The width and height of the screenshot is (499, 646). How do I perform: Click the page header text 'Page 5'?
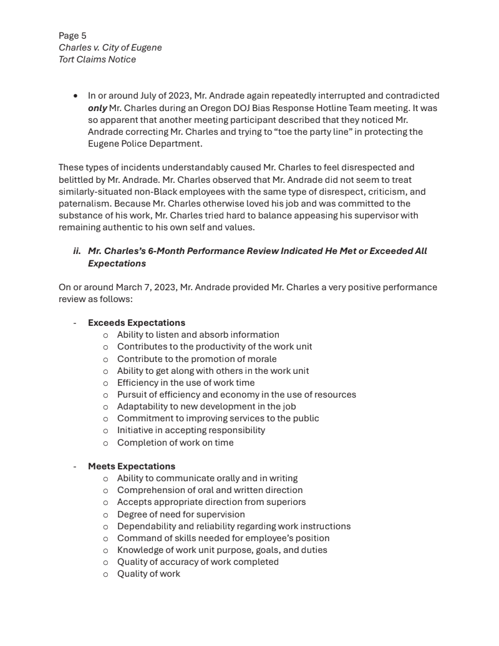[72, 36]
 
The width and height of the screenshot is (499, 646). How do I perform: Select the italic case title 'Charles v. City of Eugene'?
[110, 47]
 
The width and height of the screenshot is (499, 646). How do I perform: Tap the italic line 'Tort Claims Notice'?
[97, 59]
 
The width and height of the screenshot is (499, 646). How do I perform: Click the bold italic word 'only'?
[97, 108]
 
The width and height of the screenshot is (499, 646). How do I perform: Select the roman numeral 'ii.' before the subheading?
[77, 251]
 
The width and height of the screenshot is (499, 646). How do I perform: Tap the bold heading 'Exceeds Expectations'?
[136, 323]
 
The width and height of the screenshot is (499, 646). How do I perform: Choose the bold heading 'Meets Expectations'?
[131, 466]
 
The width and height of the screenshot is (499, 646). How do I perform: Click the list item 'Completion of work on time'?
[175, 443]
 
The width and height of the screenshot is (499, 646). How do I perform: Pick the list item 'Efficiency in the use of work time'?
[185, 383]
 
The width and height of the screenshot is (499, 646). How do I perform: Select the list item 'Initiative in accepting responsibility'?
[191, 430]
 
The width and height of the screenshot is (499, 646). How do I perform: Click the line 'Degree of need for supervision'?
[181, 514]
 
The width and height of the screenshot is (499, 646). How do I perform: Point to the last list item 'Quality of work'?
[148, 574]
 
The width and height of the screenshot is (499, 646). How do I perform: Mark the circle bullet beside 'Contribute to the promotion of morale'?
[105, 360]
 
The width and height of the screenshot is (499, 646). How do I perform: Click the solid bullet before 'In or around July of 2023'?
[75, 96]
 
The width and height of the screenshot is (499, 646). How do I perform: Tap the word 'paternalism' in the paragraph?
[83, 203]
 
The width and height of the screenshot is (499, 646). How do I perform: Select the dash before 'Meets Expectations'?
[75, 466]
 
